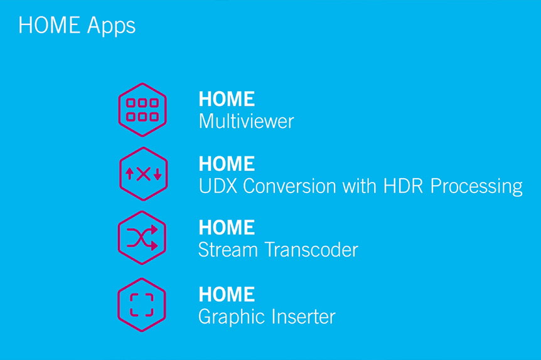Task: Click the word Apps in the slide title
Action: [x=111, y=26]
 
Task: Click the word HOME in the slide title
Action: [x=49, y=25]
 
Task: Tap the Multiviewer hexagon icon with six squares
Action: [x=142, y=110]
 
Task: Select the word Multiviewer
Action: [x=246, y=121]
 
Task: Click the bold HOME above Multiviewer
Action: [x=227, y=99]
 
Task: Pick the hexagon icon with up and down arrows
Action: [x=144, y=174]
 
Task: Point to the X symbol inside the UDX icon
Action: [x=144, y=174]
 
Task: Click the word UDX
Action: [x=218, y=186]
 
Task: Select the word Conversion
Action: [x=289, y=186]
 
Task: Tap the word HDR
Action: [x=403, y=186]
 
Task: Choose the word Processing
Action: [x=476, y=186]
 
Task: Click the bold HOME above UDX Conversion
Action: [x=227, y=164]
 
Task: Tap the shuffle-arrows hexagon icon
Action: [x=142, y=238]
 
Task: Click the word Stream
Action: [x=228, y=250]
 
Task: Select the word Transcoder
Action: [x=311, y=250]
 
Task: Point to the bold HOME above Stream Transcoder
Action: [x=227, y=227]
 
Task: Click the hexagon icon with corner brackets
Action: [x=142, y=305]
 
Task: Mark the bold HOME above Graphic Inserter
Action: [x=227, y=294]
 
